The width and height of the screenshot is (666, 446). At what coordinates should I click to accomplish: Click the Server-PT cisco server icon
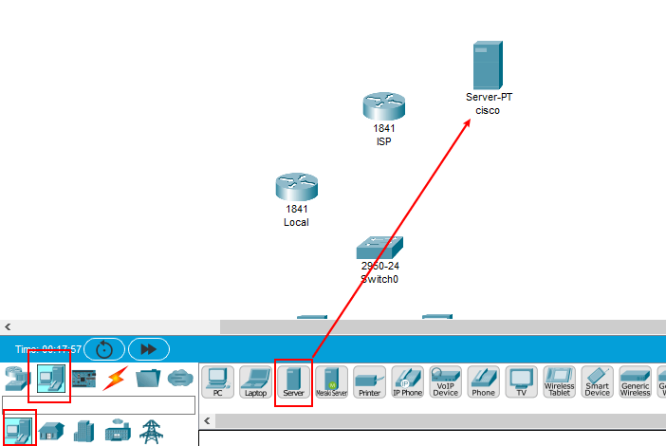488,65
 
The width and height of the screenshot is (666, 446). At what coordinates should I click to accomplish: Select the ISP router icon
383,107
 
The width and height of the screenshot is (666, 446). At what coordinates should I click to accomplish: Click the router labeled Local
296,187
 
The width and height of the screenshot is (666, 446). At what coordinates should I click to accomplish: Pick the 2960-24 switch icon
380,248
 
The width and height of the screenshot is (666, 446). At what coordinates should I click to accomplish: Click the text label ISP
383,141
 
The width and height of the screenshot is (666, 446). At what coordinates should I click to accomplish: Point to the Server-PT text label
489,97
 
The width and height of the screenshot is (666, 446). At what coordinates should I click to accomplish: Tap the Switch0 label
379,280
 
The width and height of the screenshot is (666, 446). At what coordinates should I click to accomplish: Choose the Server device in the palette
293,381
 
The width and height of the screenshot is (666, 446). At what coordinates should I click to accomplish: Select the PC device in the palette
218,381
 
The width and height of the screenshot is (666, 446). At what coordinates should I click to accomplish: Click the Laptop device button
255,381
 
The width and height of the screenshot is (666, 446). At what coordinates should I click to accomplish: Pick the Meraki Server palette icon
332,381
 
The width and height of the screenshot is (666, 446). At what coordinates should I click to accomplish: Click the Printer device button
369,381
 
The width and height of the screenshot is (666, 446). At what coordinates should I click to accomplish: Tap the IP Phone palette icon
407,381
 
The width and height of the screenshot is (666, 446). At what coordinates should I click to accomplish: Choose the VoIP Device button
445,381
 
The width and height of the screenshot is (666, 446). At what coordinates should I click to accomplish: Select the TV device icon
521,381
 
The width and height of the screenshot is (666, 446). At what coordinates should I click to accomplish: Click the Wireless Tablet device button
559,381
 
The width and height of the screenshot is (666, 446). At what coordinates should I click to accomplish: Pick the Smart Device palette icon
597,381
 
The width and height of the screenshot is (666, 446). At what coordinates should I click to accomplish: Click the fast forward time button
148,349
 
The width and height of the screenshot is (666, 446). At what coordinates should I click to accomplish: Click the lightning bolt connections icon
115,378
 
